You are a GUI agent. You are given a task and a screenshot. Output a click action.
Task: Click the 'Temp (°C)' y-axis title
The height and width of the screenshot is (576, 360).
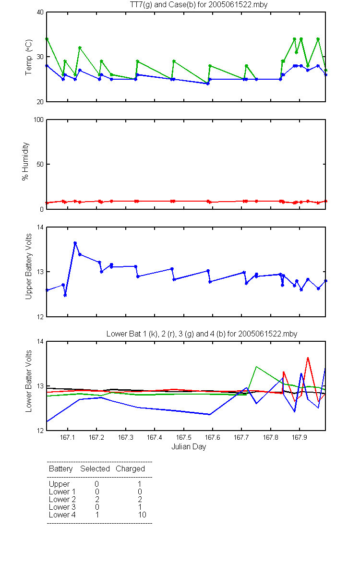(28, 57)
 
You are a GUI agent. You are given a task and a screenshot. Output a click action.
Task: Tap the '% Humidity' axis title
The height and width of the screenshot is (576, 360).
(25, 161)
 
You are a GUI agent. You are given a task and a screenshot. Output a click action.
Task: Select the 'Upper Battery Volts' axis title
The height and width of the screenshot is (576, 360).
(28, 266)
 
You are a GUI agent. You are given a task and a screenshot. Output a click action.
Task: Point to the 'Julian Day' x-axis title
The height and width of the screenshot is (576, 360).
(189, 447)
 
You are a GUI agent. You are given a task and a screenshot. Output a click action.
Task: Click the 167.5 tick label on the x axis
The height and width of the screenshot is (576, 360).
(183, 437)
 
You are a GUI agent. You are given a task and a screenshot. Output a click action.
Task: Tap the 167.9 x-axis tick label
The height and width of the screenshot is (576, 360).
(300, 437)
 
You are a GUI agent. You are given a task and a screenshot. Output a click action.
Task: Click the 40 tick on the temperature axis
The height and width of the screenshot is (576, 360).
(40, 12)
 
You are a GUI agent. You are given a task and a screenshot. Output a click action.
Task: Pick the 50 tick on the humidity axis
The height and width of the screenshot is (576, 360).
(40, 164)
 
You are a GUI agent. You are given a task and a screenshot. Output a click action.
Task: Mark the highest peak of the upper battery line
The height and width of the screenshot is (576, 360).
(75, 243)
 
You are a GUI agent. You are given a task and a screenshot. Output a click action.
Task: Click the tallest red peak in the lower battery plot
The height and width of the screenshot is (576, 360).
(308, 358)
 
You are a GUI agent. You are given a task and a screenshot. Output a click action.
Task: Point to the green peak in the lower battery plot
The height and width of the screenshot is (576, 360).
(256, 367)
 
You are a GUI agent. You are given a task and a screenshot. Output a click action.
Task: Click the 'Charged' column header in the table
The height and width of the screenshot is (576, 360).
(130, 469)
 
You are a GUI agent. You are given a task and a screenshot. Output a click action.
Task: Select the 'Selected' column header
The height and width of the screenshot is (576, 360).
(95, 469)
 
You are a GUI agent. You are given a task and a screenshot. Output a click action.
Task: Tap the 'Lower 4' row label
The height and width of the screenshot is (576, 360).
(62, 515)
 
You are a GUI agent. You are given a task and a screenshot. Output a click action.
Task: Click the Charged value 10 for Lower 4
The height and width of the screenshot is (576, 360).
(142, 515)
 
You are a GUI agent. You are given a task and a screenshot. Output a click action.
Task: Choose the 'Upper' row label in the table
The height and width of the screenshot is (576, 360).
(59, 484)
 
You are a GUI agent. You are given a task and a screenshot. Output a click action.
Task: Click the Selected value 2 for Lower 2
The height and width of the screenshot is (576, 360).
(97, 499)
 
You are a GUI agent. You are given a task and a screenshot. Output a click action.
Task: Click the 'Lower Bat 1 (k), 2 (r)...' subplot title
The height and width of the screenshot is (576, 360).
(202, 334)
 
